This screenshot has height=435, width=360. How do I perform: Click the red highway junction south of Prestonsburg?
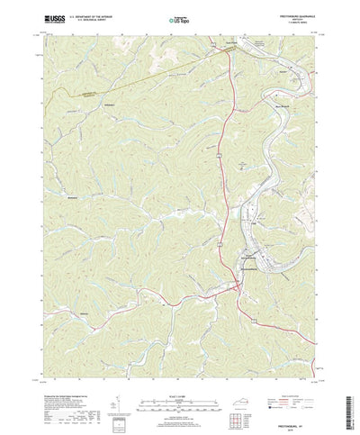[236, 286]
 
